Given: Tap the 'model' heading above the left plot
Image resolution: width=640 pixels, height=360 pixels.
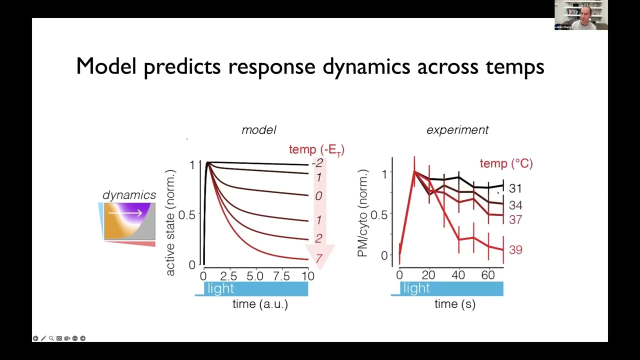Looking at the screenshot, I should coord(258,130).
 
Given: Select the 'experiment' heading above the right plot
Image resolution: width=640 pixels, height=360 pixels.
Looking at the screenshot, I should coord(457,130).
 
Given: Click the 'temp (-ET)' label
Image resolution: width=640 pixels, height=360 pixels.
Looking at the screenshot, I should coord(316,149).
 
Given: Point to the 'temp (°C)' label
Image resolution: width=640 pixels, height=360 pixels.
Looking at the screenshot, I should coord(506,163).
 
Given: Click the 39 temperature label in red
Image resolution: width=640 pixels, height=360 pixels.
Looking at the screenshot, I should coord(515,249).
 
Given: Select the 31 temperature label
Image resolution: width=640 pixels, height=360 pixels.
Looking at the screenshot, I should coord(515,188).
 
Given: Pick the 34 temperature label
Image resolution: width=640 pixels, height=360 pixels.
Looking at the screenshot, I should coord(515,205).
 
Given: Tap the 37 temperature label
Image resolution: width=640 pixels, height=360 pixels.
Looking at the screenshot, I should coord(515,219).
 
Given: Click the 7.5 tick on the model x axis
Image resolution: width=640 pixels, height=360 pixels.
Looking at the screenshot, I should coord(281,276).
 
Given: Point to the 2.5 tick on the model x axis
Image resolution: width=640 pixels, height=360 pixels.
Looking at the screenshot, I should coord(228,276).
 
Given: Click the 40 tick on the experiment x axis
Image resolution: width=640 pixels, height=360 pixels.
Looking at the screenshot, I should coord(458,275).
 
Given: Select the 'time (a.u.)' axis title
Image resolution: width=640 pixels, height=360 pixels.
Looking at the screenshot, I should coord(260,304).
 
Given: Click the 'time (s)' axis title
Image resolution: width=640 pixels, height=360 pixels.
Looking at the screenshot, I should coord(454,304).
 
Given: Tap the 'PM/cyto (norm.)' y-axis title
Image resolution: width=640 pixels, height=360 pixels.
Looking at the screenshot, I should coord(363,213).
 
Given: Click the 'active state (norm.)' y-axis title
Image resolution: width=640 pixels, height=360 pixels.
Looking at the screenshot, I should coord(170,223).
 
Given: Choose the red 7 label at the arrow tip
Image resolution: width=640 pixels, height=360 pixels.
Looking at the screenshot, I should coord(318,258).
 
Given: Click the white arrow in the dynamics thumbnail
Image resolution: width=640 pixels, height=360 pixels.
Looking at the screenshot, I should coord(125,213).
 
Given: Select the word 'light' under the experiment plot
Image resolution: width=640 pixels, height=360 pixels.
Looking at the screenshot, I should coord(416,288).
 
